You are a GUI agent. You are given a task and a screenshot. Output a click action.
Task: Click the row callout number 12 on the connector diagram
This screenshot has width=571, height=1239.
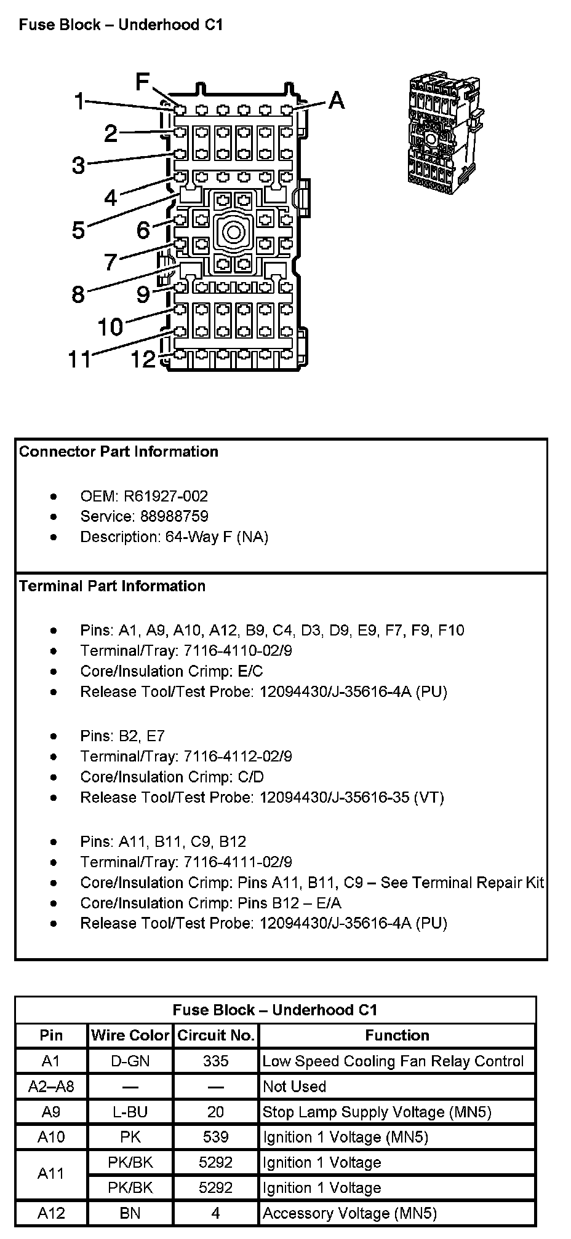[143, 359]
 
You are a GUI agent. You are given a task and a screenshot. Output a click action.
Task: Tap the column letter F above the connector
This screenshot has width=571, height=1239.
[143, 82]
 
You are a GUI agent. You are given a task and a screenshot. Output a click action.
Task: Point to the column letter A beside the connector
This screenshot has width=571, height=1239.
[337, 100]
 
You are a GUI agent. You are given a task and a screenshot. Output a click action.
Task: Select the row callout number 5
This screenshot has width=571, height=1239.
[78, 230]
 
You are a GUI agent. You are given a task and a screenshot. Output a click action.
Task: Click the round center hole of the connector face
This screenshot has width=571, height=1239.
[233, 232]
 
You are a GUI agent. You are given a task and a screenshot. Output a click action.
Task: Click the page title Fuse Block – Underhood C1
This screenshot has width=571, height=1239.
[121, 25]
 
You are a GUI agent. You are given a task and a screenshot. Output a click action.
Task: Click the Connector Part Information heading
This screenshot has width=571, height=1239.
[119, 452]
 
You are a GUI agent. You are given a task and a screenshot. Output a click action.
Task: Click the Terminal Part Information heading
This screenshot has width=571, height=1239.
[112, 586]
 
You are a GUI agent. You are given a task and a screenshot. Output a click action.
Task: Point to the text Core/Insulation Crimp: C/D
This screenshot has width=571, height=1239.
[172, 777]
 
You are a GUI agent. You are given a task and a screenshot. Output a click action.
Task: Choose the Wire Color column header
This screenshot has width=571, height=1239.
[130, 1036]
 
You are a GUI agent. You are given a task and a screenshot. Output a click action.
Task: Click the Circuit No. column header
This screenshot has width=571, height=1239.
[216, 1036]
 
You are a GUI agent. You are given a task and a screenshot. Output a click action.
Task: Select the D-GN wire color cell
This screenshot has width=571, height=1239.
[130, 1061]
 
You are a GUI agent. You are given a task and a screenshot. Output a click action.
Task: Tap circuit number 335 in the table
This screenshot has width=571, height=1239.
[215, 1061]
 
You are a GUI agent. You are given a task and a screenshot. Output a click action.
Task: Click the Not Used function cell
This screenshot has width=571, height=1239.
[294, 1087]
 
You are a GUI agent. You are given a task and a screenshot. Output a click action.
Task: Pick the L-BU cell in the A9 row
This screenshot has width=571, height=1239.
[130, 1112]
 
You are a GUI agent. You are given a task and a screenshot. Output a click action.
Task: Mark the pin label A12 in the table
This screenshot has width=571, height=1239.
[51, 1213]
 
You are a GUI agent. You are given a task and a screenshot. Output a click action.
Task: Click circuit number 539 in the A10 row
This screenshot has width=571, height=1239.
[215, 1137]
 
